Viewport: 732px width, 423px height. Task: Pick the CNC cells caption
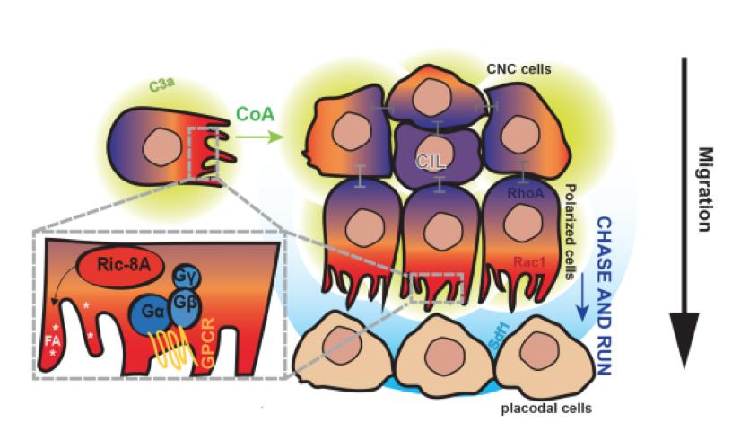[x=519, y=68]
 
